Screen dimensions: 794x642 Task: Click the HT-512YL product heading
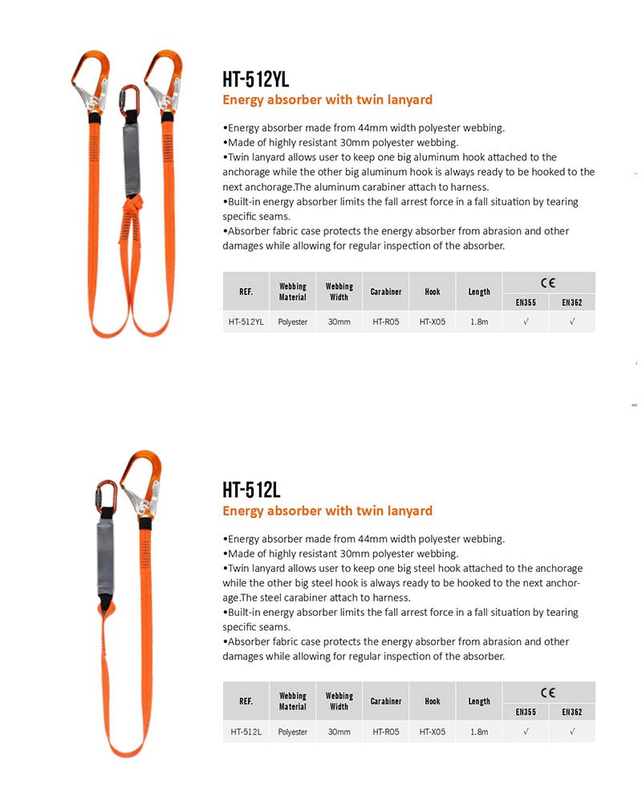coord(255,79)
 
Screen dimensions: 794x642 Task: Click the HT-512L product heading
coord(251,489)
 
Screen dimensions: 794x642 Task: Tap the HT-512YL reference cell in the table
coord(246,322)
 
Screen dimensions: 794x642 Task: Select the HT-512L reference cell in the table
coord(246,731)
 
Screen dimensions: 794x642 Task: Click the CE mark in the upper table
coord(548,282)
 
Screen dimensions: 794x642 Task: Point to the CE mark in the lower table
coord(548,692)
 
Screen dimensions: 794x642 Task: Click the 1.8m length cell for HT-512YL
coord(479,322)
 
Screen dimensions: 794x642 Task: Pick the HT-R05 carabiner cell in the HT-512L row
coord(386,731)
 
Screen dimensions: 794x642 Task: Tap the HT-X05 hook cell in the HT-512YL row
coord(433,322)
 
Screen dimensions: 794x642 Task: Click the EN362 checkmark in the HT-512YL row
coord(572,322)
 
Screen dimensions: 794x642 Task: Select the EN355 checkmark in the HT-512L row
coord(526,731)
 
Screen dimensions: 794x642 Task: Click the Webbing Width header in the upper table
coord(339,291)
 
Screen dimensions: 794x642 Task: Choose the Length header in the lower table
coord(479,701)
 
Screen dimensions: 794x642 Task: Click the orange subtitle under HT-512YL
coord(327,100)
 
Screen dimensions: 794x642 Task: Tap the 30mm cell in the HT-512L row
coord(339,731)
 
